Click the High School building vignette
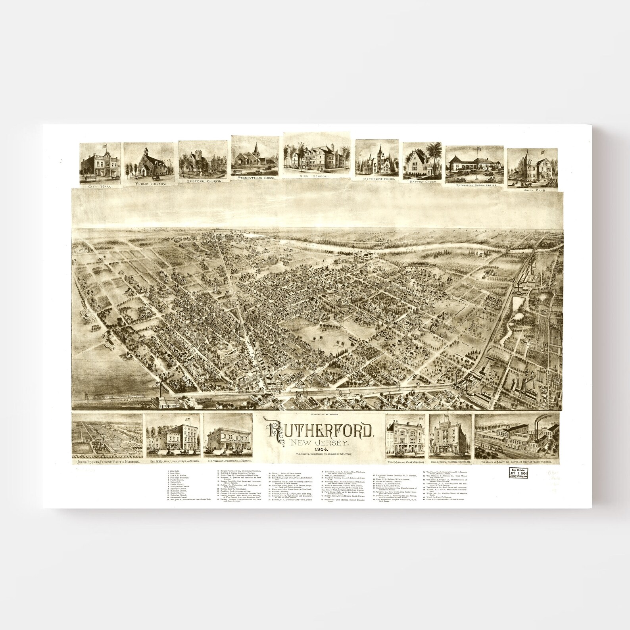[x=317, y=155]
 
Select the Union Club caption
[x=532, y=191]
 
